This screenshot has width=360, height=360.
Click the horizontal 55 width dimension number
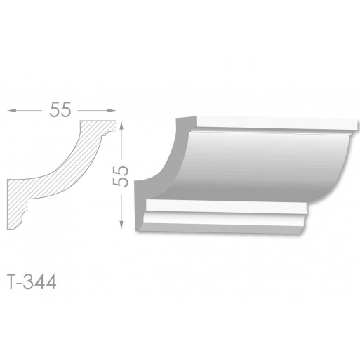tap(60, 109)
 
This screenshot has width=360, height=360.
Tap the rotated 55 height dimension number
tap(121, 176)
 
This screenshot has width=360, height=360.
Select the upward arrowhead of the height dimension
tap(121, 126)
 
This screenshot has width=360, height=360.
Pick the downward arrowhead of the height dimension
tap(121, 225)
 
